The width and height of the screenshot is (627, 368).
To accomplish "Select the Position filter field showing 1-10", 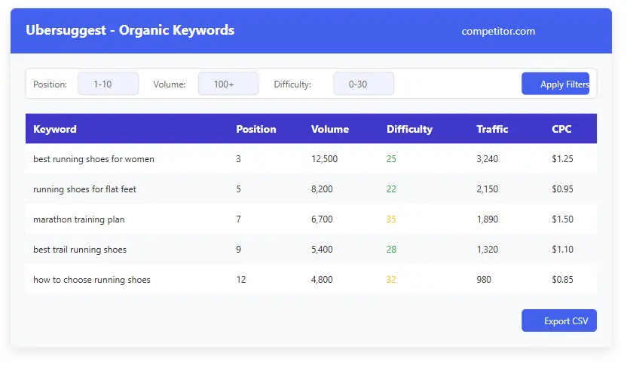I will tap(108, 84).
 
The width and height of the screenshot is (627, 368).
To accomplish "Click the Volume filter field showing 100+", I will tap(228, 84).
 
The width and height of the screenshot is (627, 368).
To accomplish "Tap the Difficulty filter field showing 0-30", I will tap(363, 84).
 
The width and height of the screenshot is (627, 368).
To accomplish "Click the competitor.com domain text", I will tap(498, 31).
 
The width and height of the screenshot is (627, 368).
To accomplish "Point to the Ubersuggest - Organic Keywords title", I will tap(130, 31).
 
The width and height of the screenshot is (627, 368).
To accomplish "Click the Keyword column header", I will tap(55, 129).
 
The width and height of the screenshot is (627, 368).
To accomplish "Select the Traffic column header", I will tap(492, 129).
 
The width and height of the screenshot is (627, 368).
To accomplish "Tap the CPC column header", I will tap(561, 129).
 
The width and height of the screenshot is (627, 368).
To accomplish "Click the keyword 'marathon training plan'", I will tap(79, 219).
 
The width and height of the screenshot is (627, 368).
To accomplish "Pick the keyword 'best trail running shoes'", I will tap(80, 250).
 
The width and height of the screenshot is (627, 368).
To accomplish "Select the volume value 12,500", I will tap(324, 159).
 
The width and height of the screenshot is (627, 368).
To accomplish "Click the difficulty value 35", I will tap(391, 219).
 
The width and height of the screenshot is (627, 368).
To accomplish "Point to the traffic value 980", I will tap(484, 280).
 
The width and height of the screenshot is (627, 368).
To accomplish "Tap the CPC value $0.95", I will tap(562, 189).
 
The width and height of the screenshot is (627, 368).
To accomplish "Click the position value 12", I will tap(241, 280).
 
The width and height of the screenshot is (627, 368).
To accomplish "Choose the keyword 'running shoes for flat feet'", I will tap(84, 189).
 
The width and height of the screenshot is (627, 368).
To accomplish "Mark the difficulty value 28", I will tap(391, 250).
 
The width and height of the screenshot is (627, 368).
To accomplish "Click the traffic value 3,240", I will tap(487, 159).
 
